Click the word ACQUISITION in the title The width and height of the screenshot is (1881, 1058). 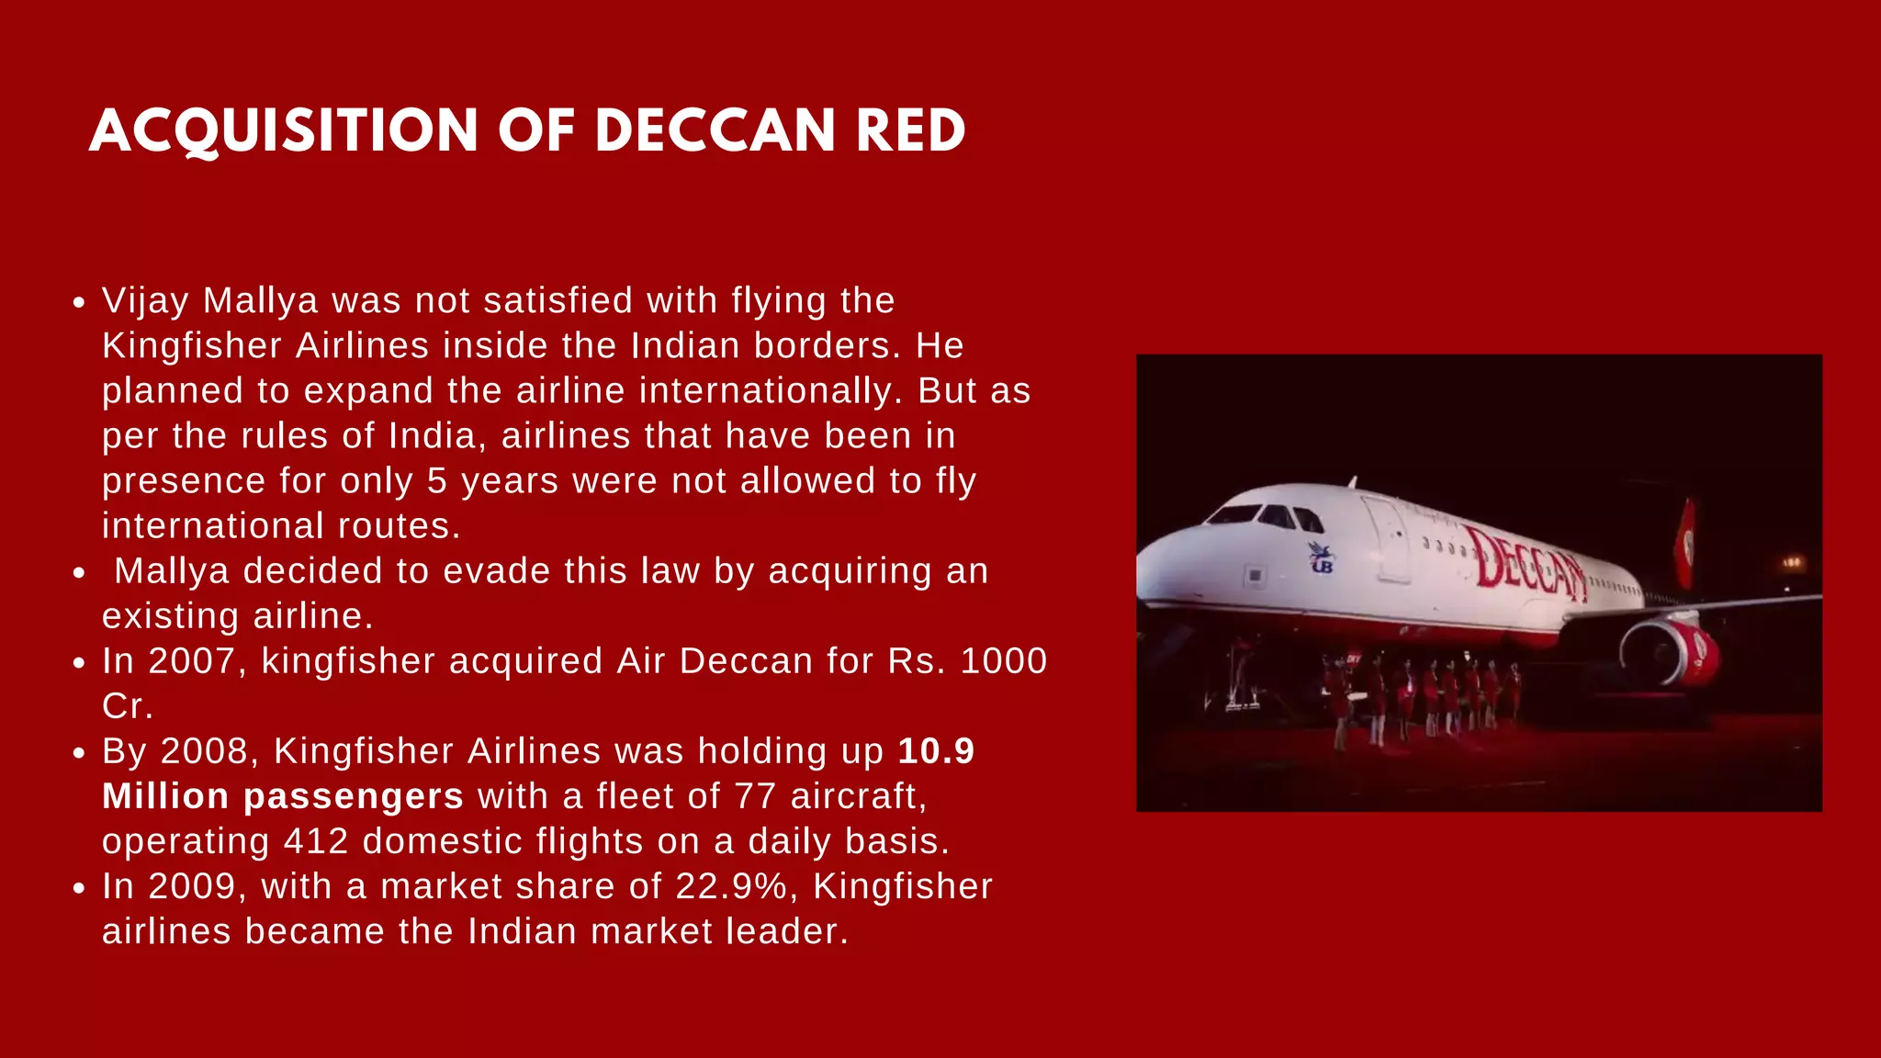point(284,130)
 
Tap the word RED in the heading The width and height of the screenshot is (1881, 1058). point(910,130)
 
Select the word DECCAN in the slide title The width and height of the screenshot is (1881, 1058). point(715,130)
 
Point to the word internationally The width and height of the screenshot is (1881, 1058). point(766,390)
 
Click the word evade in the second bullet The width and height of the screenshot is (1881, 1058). point(504,570)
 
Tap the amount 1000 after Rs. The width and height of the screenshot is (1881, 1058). point(1003,660)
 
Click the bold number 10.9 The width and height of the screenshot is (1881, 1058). point(936,750)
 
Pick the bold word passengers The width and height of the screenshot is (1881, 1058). point(353,795)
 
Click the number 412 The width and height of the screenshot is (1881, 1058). point(316,840)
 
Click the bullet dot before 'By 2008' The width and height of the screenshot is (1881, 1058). point(80,753)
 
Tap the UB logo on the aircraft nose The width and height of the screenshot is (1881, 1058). point(1322,557)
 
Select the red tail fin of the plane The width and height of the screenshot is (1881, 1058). point(1685,542)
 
